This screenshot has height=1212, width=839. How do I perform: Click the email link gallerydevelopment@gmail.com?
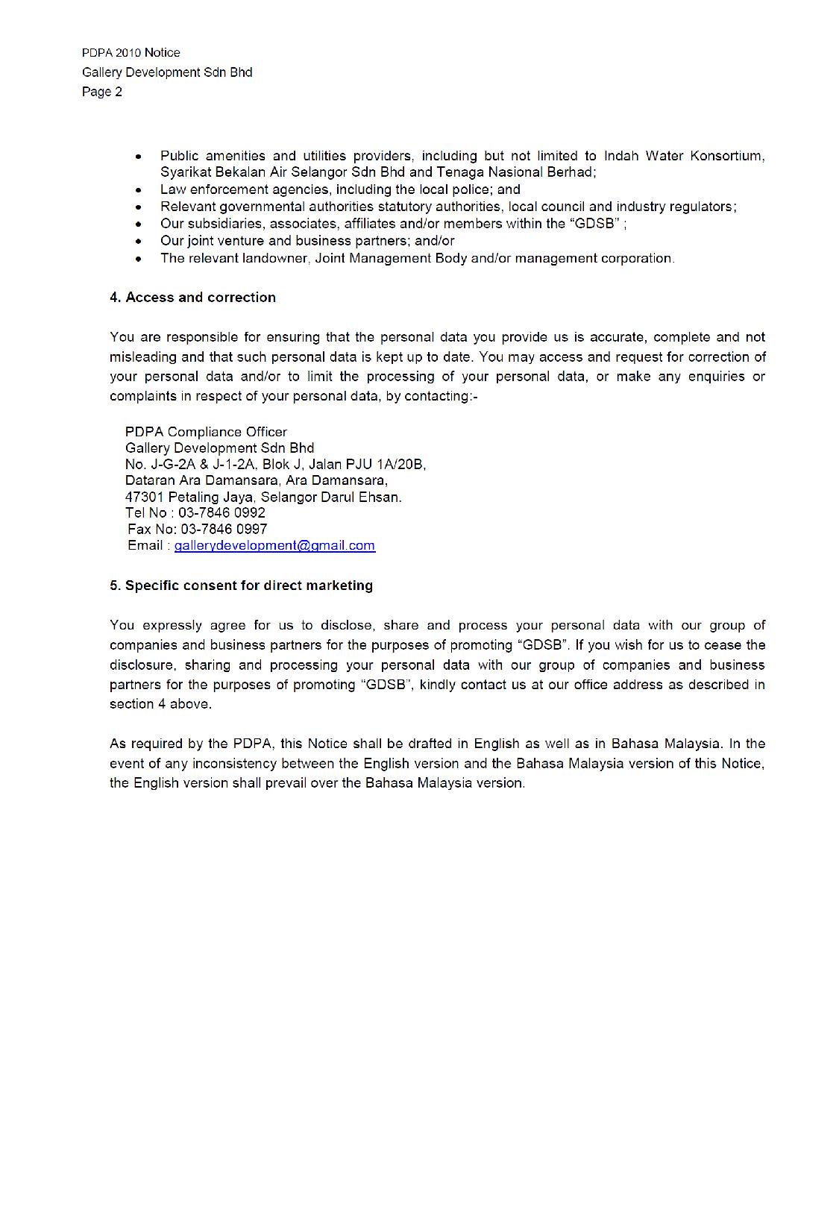pos(274,545)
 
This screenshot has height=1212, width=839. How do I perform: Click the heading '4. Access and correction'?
pos(192,298)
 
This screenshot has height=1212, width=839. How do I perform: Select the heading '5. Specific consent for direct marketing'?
pos(241,585)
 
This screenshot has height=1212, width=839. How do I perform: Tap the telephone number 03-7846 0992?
pos(221,512)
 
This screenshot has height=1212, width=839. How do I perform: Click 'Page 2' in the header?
pos(102,92)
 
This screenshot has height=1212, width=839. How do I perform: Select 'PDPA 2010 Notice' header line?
pos(131,53)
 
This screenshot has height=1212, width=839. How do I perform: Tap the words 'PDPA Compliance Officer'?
pos(206,432)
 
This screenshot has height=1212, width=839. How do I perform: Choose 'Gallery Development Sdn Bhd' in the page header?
pos(167,72)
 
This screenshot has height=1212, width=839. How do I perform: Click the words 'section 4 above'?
pos(160,704)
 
